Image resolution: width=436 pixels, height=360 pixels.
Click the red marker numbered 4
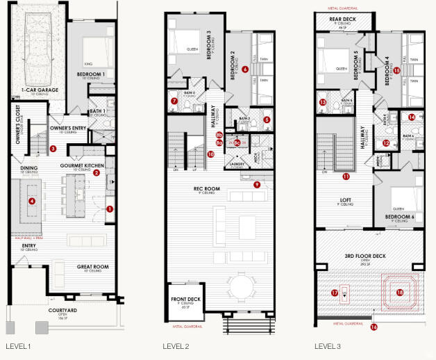coord(31,202)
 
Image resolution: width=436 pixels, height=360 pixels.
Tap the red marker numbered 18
coord(399,293)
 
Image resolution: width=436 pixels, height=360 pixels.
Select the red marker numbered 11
coord(346,177)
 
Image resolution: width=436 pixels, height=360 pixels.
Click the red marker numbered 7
coord(174,101)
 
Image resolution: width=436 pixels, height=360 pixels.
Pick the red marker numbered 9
coord(257,184)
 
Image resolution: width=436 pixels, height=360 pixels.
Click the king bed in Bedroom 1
coord(92,51)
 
